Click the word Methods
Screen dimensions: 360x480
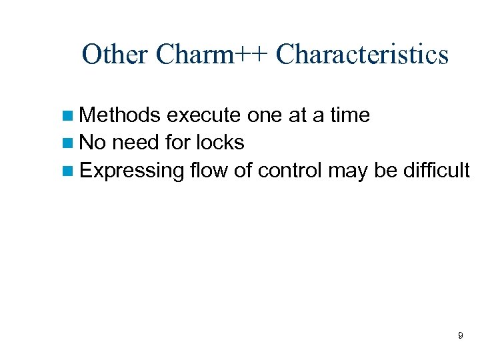click(x=120, y=115)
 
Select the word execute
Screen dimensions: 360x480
click(x=203, y=115)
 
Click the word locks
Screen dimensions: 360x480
click(x=219, y=143)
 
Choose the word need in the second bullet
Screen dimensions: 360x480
click(x=134, y=143)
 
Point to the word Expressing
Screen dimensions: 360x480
click(x=131, y=171)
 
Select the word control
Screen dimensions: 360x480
click(x=290, y=171)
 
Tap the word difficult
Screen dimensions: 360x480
click(x=436, y=171)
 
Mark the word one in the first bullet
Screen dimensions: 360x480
click(x=265, y=115)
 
